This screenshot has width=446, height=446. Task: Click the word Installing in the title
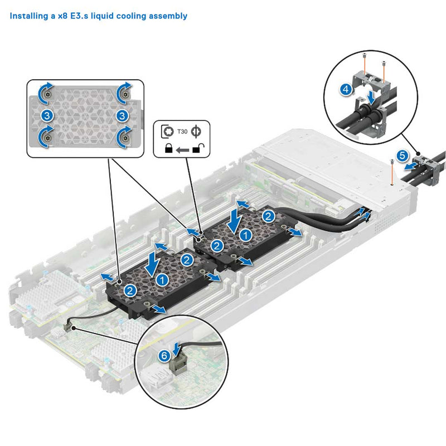pos(28,16)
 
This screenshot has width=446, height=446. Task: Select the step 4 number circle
pos(346,88)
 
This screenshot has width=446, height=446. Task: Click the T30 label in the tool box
pos(182,132)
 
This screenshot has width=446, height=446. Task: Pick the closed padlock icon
pos(167,149)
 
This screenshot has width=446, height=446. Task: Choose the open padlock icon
pos(196,149)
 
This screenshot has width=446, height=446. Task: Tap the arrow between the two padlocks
pos(181,149)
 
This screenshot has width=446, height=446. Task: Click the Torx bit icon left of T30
pos(167,132)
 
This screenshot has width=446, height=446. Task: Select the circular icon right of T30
pos(196,132)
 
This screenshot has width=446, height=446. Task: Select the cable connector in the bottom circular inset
pos(178,366)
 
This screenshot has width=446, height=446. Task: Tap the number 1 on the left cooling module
pos(161,278)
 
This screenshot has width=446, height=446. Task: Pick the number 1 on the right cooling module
pos(244,235)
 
